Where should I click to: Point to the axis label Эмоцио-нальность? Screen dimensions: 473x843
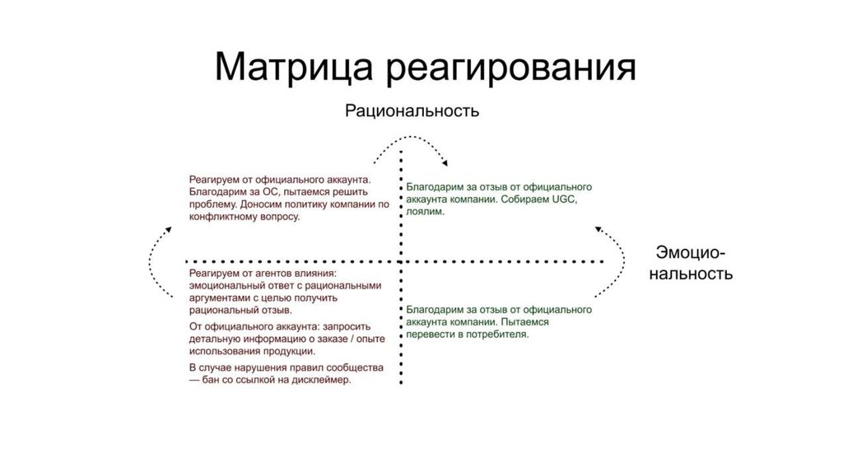690,262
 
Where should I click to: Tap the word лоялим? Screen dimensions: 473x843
426,213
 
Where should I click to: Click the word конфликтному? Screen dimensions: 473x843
224,217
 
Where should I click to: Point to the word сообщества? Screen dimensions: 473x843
350,367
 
